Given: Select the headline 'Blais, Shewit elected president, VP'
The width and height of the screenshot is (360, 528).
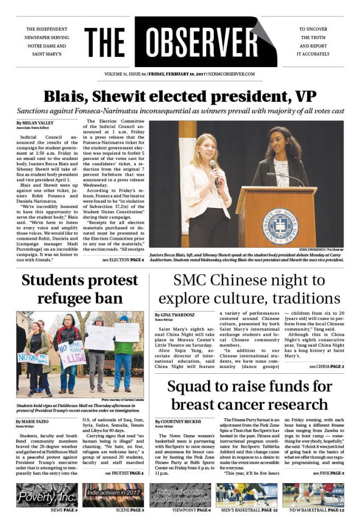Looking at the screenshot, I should pyautogui.click(x=179, y=97).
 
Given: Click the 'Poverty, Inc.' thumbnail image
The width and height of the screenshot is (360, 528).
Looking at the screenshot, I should pyautogui.click(x=47, y=495).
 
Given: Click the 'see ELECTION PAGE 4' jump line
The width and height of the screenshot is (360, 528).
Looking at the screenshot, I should pyautogui.click(x=123, y=260).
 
